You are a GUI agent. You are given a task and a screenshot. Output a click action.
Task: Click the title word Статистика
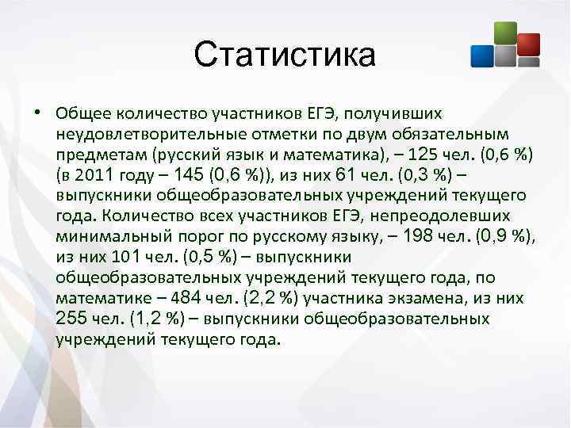(x=285, y=55)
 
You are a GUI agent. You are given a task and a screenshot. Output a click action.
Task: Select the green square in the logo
(x=505, y=32)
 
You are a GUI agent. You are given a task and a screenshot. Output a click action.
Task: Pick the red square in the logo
(x=528, y=44)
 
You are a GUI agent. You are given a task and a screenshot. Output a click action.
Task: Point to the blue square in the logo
(x=482, y=55)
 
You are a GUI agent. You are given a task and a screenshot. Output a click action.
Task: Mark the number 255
(x=74, y=318)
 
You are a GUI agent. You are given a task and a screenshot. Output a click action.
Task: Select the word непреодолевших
(x=436, y=215)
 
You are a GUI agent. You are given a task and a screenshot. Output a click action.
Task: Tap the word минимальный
(x=105, y=235)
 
